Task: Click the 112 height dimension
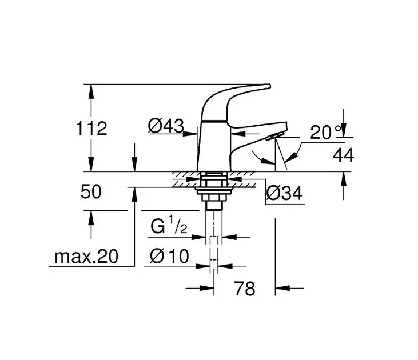[91, 129]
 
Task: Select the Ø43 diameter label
[166, 126]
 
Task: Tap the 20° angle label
[326, 132]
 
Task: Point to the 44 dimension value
[343, 155]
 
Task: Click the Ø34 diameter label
[284, 193]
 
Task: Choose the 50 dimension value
[91, 191]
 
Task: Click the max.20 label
[86, 257]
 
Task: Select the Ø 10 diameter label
[169, 257]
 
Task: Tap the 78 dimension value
[245, 289]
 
